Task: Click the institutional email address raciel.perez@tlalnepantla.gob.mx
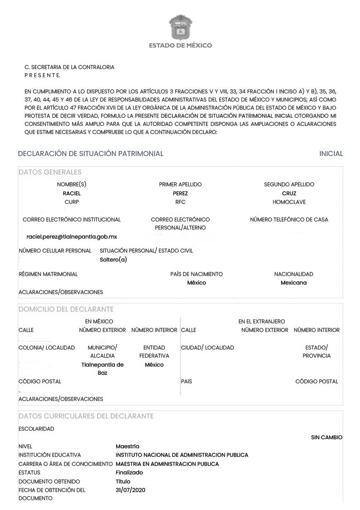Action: tap(72, 236)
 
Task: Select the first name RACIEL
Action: tap(72, 193)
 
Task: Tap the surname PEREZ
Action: tap(180, 193)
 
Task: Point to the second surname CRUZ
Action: tap(289, 193)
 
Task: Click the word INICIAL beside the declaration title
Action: tap(331, 154)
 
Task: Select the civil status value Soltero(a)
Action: tap(113, 259)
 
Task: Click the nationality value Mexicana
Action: tap(293, 283)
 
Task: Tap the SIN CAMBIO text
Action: tap(327, 437)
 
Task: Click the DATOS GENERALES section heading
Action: tap(50, 172)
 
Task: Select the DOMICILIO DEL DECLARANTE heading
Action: tap(66, 309)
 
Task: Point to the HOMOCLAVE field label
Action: tap(289, 202)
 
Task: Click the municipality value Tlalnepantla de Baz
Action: tap(102, 369)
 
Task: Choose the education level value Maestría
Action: tap(128, 446)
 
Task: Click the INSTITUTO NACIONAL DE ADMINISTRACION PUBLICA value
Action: tap(182, 455)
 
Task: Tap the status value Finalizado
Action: tap(129, 473)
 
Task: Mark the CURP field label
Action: tap(72, 202)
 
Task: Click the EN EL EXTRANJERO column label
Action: tap(261, 322)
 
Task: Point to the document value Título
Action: tap(123, 481)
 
